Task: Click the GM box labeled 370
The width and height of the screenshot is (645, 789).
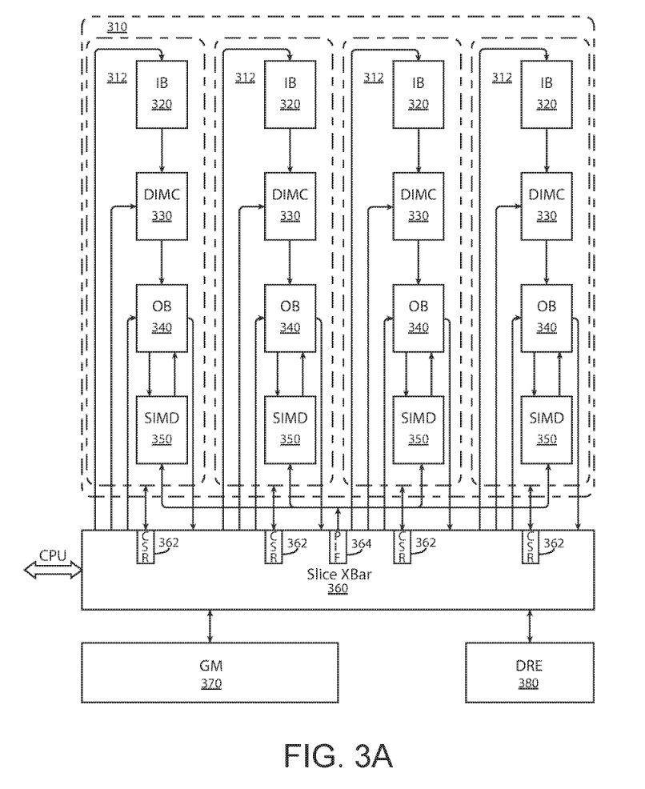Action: (x=210, y=673)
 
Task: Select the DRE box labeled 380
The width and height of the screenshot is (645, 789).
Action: (x=529, y=673)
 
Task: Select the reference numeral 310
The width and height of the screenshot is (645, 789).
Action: (x=116, y=27)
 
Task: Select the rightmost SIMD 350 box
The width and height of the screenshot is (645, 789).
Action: (x=547, y=428)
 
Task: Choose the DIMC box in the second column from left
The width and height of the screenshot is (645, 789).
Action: (x=290, y=205)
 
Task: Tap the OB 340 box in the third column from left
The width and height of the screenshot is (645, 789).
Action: (x=419, y=317)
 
